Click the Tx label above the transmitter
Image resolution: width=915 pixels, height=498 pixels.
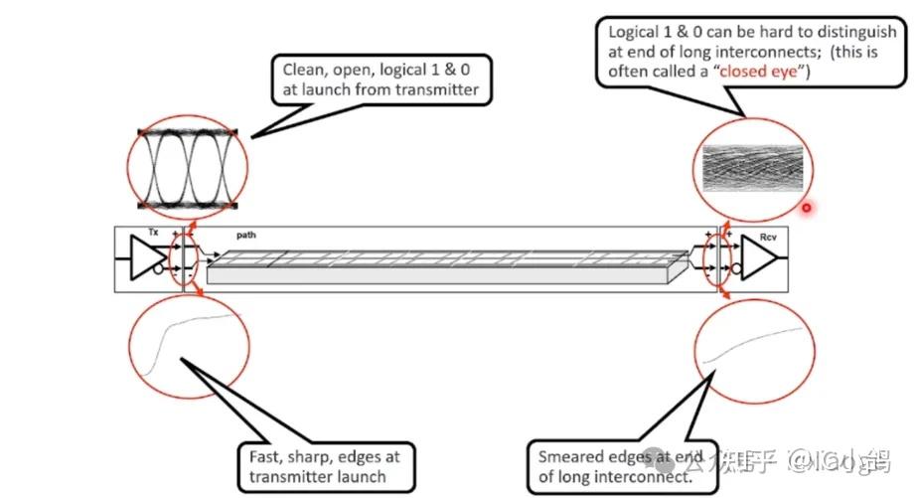153,233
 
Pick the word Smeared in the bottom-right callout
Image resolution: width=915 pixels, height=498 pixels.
569,456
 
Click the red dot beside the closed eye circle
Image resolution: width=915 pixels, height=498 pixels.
807,208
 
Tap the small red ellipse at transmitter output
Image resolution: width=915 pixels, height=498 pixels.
182,262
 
